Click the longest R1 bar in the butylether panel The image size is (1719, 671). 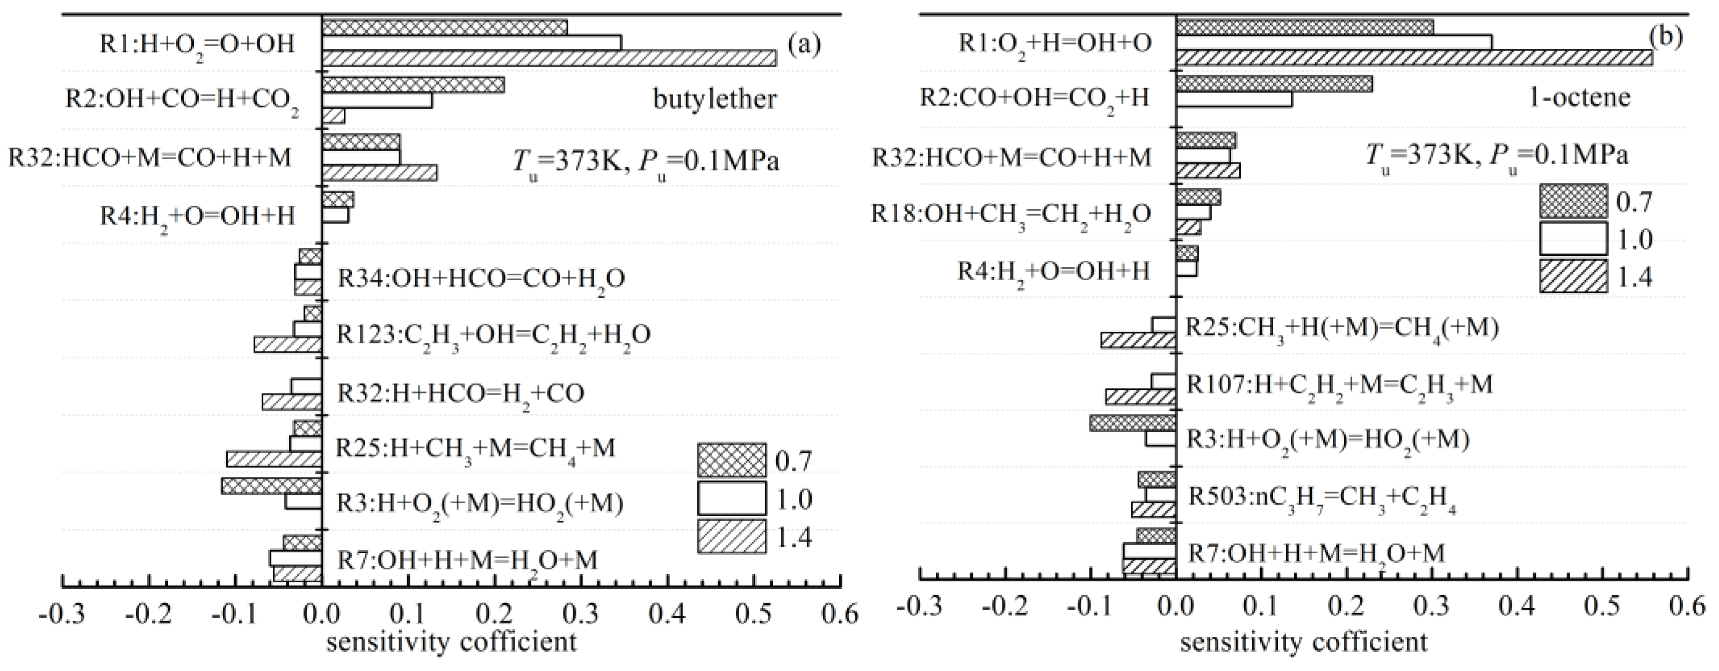coord(548,59)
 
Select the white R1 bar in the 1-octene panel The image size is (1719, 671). coord(1333,42)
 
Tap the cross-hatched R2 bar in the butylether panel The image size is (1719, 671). coord(413,85)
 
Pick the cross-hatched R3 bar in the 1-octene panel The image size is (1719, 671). coord(1132,423)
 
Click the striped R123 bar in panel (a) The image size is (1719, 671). coord(287,345)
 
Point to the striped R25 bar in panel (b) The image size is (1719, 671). coord(1138,340)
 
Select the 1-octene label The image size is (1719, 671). coord(1579,97)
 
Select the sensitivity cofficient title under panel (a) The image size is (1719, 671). coord(452,643)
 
